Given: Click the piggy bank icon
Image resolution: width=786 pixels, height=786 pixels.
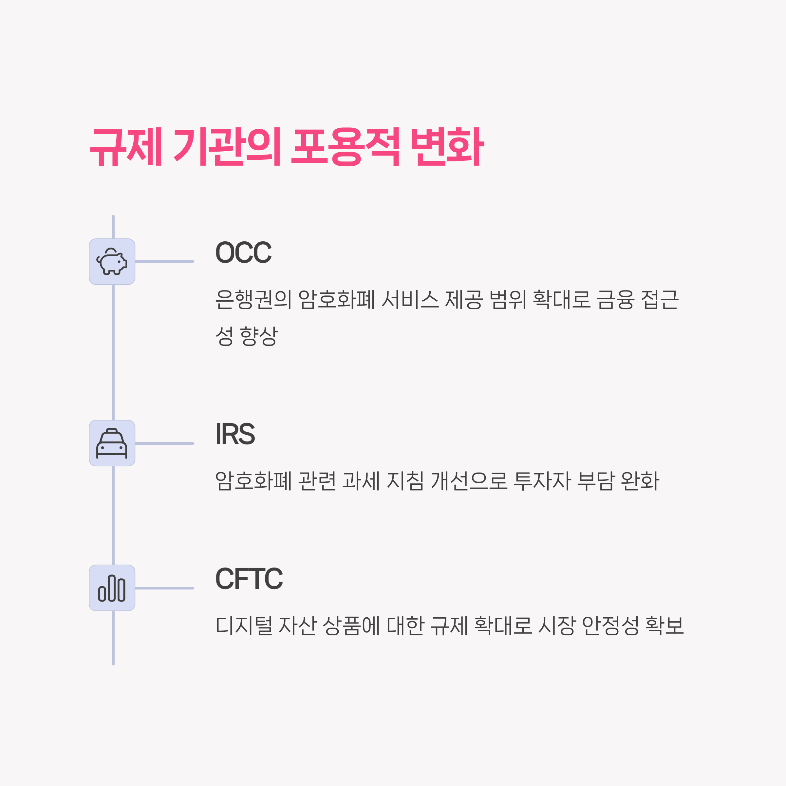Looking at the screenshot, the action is (x=112, y=262).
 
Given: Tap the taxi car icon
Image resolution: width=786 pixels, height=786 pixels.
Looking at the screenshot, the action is (x=112, y=443).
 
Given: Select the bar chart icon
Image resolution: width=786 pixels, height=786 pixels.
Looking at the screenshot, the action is (x=112, y=588).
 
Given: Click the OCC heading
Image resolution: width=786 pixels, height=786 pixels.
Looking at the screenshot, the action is (x=243, y=253).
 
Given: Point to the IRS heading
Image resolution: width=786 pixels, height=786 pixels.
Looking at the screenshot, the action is (x=235, y=434).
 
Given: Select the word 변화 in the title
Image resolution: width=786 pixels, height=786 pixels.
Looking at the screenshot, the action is (x=447, y=147).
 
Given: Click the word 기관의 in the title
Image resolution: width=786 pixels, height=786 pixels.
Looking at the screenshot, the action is (x=227, y=147).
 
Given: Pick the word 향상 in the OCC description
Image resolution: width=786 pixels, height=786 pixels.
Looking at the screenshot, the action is (x=259, y=336).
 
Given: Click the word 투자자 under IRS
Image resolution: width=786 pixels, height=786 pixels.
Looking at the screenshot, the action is (x=542, y=481).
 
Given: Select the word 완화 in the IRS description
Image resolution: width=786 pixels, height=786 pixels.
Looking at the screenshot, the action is (x=640, y=481).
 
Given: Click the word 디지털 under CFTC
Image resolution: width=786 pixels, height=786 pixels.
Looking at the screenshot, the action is (x=244, y=626).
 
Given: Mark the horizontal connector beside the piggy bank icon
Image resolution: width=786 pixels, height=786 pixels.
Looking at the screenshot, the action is (x=164, y=262).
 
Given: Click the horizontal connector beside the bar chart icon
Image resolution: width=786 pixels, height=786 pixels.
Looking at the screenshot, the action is (x=164, y=588).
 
